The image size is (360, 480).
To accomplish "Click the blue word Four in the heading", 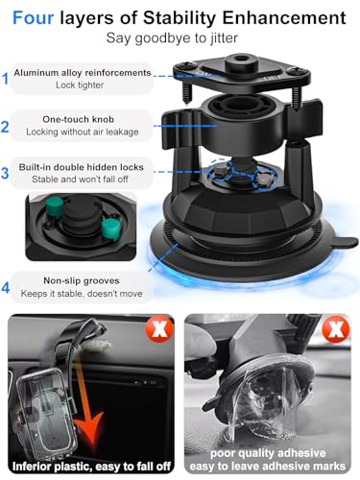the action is [33, 17].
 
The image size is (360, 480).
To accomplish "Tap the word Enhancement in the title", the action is [284, 17].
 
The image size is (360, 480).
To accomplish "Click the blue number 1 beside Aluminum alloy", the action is [5, 79].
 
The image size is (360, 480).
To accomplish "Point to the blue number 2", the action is [5, 127].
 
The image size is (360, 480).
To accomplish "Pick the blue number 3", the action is [5, 173].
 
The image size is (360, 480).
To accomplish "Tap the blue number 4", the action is [6, 288].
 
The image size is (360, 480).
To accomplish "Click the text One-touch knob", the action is [79, 119].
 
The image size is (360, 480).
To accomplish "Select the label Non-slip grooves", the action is [82, 280].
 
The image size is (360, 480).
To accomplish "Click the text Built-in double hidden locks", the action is [82, 167].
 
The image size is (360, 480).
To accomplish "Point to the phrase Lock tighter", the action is [80, 85].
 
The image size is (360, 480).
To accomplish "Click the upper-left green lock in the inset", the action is [55, 206].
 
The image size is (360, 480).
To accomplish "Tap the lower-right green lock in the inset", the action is [111, 228].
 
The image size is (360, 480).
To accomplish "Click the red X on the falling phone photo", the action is [159, 328].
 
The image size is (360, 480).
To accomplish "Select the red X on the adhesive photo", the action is [336, 329].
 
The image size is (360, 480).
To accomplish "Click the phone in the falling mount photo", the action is [46, 413].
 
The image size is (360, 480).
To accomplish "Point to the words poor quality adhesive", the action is [268, 453].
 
